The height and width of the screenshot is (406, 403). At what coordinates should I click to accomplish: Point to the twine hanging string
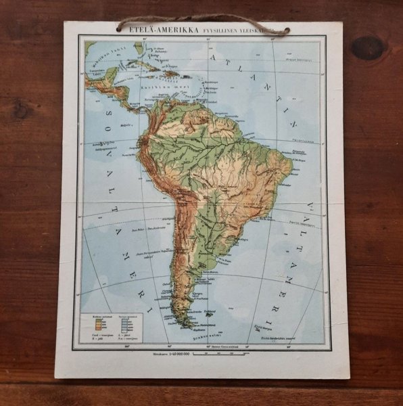pos(203,19)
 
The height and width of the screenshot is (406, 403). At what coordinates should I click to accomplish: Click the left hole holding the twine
pos(120,28)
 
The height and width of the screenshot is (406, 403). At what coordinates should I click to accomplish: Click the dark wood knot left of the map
pos(21,108)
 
